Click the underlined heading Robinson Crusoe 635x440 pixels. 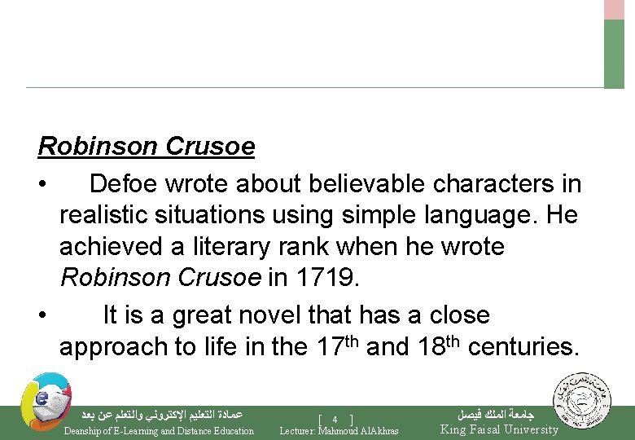pos(147,147)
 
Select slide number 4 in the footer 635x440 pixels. pos(335,420)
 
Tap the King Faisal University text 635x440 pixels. pos(499,429)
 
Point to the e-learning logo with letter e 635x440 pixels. pos(46,401)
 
